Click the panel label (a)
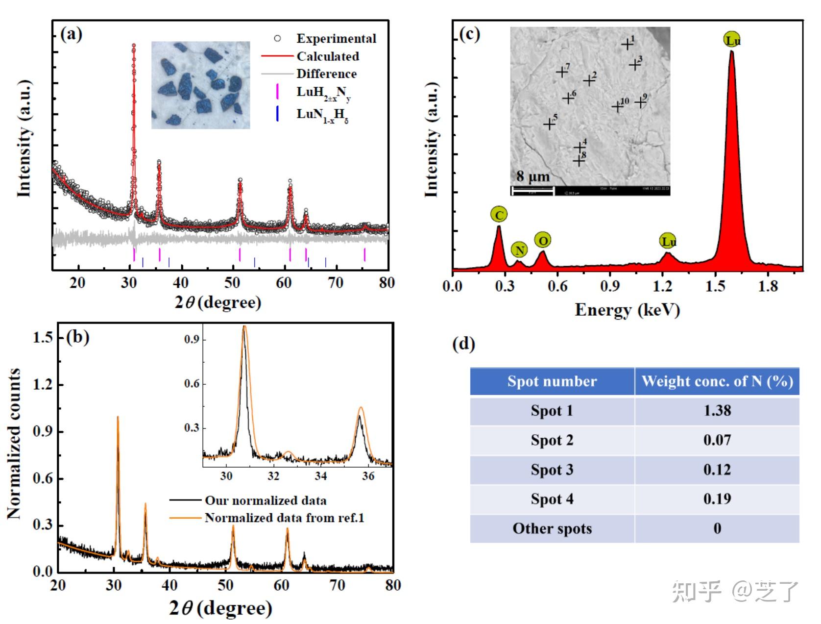pos(71,34)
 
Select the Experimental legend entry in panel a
pos(336,39)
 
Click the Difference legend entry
pos(326,74)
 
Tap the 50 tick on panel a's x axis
pos(232,283)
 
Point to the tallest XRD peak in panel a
pos(133,46)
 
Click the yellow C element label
pos(499,215)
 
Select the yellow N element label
pos(519,250)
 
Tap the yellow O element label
pos(542,240)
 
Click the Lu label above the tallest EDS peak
pos(732,40)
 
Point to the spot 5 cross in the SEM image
pos(549,124)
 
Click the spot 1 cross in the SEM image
pos(627,45)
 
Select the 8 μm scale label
pos(533,176)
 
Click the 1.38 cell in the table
pos(717,411)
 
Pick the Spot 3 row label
pos(552,470)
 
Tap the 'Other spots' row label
pos(552,528)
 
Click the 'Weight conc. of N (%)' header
pos(717,381)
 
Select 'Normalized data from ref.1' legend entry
pos(284,518)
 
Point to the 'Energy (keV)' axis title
pos(627,310)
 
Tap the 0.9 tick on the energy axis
pos(610,286)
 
